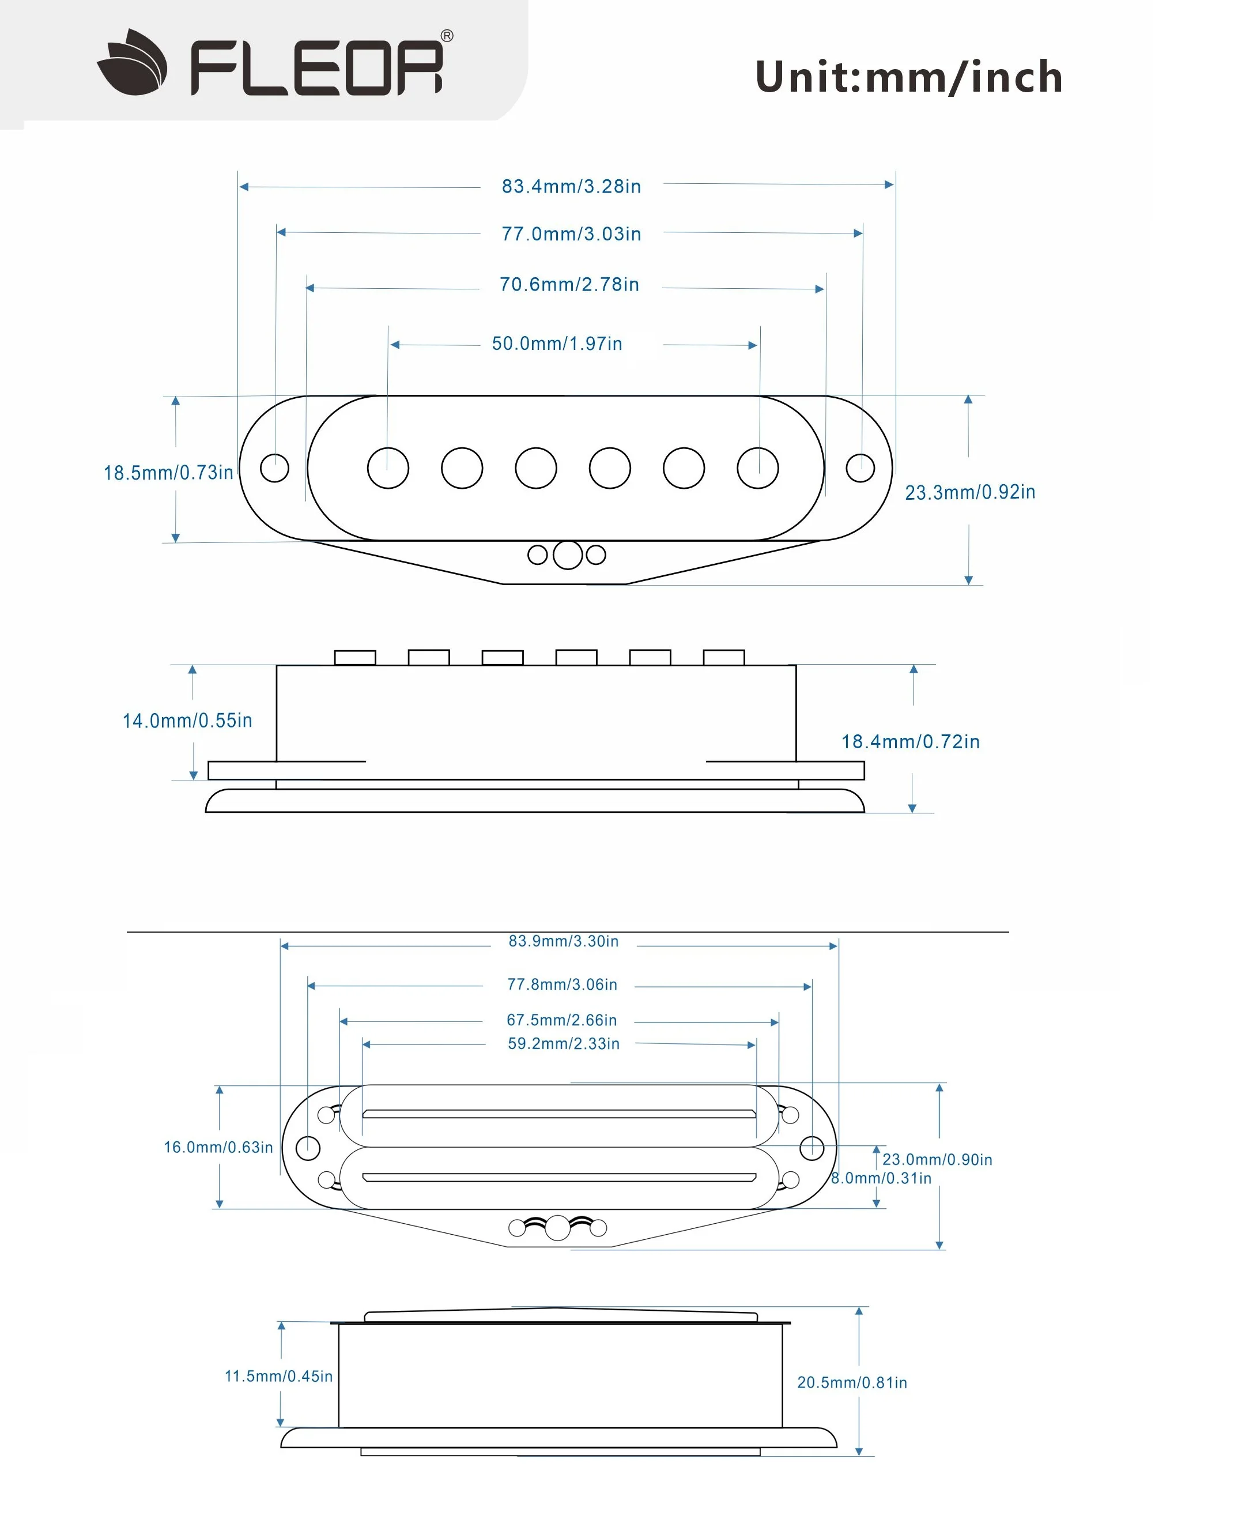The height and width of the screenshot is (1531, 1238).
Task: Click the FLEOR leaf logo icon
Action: (x=133, y=62)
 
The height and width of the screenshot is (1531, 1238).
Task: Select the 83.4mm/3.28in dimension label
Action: (x=571, y=186)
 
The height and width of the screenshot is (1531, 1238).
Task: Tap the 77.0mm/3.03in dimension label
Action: (x=571, y=234)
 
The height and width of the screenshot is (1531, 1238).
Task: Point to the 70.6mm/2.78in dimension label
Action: (x=569, y=285)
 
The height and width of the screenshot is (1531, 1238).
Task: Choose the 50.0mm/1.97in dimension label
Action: (x=557, y=344)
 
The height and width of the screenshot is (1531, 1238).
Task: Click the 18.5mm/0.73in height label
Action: (x=168, y=473)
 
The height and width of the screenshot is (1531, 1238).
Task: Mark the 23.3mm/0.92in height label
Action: (x=970, y=492)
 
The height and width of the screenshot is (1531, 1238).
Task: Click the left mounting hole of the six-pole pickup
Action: (x=274, y=468)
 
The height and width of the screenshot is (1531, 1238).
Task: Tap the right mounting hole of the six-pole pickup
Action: (x=860, y=468)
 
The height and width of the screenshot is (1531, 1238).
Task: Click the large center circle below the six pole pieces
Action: (x=568, y=555)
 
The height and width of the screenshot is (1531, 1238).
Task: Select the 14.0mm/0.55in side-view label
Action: (x=187, y=721)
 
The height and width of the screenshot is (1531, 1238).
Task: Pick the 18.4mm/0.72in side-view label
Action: (x=911, y=742)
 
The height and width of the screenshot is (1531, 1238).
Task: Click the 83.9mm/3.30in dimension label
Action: (x=563, y=941)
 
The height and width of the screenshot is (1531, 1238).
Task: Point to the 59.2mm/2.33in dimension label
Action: (x=563, y=1044)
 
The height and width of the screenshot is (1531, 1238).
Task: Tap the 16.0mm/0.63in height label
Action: (x=218, y=1147)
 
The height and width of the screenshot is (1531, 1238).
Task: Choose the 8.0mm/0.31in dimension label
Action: (x=881, y=1179)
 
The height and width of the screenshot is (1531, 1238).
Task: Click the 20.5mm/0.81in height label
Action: (x=852, y=1383)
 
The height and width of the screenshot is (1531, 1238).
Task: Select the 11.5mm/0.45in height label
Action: (x=279, y=1377)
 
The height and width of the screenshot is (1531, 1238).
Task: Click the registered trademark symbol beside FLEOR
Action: (x=447, y=36)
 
